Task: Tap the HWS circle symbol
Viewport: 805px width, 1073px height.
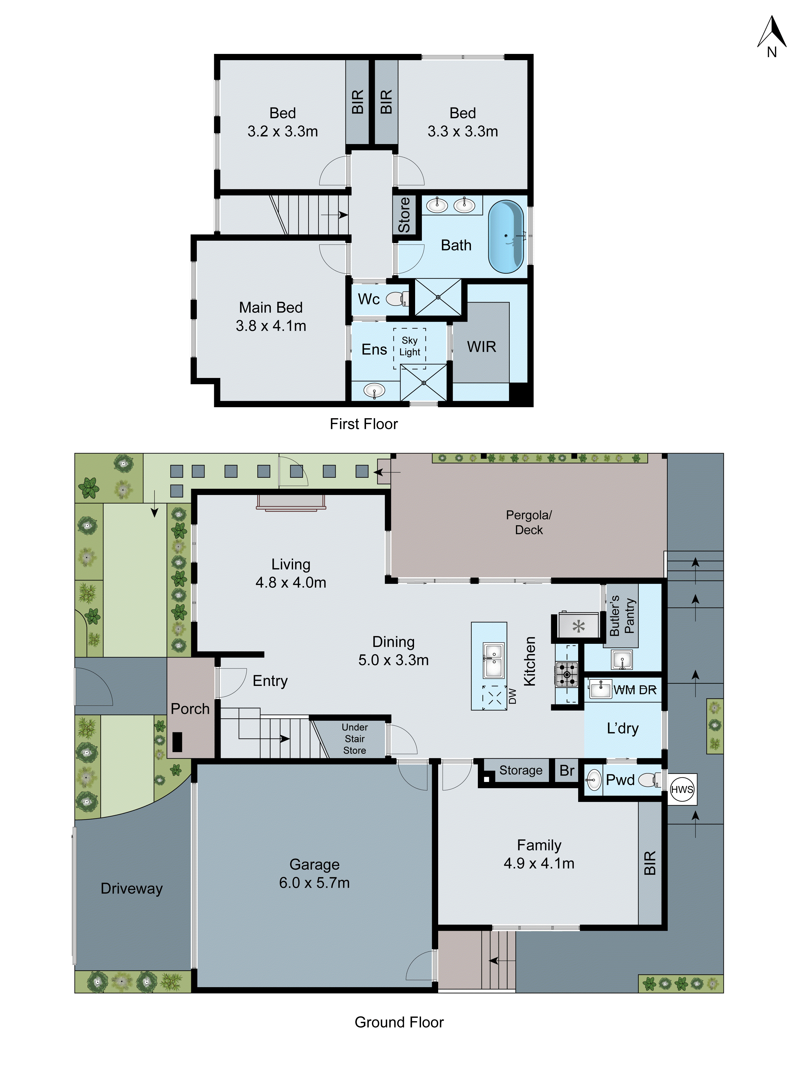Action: click(682, 789)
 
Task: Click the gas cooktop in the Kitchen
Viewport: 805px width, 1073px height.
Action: click(567, 674)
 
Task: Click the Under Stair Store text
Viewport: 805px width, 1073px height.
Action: click(355, 738)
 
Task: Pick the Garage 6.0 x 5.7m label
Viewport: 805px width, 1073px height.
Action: click(314, 873)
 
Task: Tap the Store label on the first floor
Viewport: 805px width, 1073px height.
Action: click(404, 215)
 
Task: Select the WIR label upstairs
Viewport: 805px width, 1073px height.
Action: click(481, 347)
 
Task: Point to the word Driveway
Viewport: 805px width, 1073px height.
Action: click(131, 888)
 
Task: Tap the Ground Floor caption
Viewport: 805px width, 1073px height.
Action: click(399, 1022)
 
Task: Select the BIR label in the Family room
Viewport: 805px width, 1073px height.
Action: click(650, 862)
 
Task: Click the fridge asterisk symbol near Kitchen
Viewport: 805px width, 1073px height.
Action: click(579, 627)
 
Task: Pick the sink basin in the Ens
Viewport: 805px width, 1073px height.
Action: click(374, 389)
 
